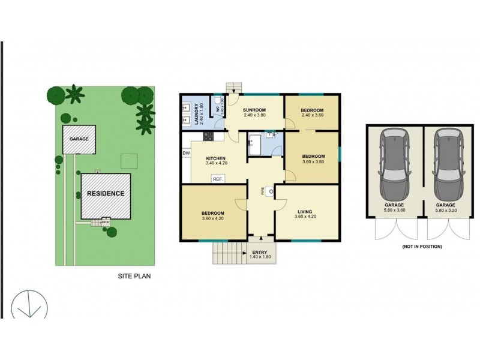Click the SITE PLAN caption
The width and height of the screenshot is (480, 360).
(x=134, y=277)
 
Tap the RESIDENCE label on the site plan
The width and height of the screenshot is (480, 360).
(x=106, y=193)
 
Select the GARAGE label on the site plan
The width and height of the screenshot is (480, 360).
(x=79, y=139)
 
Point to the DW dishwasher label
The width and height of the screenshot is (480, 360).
(x=186, y=153)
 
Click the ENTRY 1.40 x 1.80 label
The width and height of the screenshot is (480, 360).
(x=260, y=255)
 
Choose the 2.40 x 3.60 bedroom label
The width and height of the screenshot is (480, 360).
(x=312, y=113)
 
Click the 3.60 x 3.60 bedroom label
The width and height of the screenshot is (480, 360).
(x=312, y=158)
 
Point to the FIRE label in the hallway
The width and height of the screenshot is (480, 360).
(x=262, y=191)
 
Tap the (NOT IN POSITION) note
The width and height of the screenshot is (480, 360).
(x=421, y=247)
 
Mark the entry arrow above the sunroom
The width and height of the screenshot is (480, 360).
(x=233, y=91)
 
